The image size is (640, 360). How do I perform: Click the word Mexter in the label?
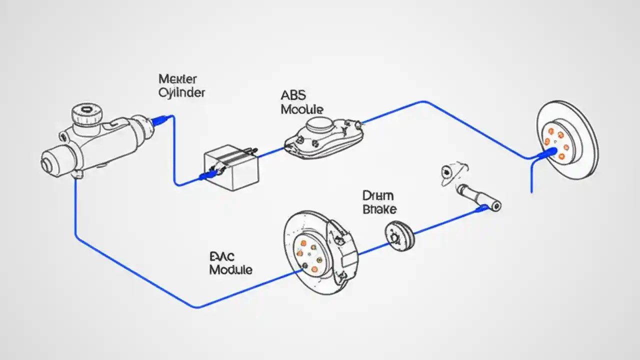pyautogui.click(x=177, y=79)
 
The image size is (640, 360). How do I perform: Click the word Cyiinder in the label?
pyautogui.click(x=181, y=92)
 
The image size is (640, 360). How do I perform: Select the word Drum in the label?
pyautogui.click(x=378, y=195)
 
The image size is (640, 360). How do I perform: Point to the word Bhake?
pyautogui.click(x=379, y=209)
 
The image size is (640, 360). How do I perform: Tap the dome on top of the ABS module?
pyautogui.click(x=318, y=124)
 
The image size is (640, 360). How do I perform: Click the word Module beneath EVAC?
pyautogui.click(x=230, y=270)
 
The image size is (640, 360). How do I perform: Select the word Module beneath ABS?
pyautogui.click(x=302, y=109)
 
